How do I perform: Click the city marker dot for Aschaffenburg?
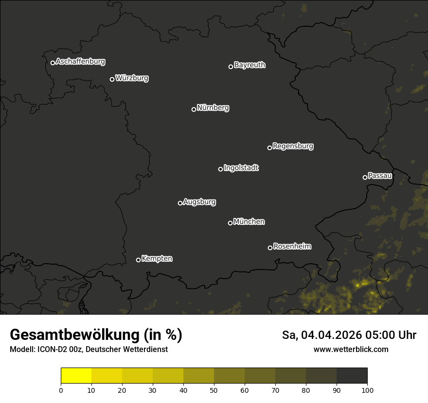coord(53,63)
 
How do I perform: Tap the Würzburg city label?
coord(132,78)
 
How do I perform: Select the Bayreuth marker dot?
coord(231,67)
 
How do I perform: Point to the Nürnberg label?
coord(213,108)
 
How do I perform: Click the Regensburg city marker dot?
coord(269,148)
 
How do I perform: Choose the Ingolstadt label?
coord(241,168)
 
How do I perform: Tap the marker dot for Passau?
coord(365,177)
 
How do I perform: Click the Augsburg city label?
coord(199,202)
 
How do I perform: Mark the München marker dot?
coord(230,223)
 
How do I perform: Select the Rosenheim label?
coord(292,247)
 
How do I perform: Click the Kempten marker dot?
coord(138,260)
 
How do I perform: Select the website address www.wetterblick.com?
coord(351,349)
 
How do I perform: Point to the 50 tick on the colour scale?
coord(214,389)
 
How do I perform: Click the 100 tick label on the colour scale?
coord(367,389)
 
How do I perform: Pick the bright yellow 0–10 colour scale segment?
coord(76,376)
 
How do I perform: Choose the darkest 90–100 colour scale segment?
coord(352,376)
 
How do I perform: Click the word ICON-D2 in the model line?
coord(49,349)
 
